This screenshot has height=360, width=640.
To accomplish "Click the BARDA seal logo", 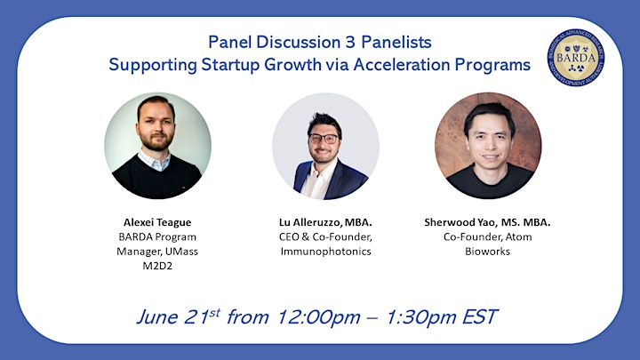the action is [x=575, y=58].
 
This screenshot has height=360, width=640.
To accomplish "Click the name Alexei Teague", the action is [x=157, y=222].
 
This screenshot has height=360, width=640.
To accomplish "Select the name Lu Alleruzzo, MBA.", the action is [x=325, y=222].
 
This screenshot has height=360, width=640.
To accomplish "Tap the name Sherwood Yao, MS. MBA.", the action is [x=487, y=222].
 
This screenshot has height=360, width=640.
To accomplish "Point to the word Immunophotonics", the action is [x=325, y=252].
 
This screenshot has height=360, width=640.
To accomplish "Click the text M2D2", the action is [x=157, y=266].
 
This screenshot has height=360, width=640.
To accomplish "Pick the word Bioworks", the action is [x=487, y=252].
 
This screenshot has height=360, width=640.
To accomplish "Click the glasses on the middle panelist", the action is [x=324, y=139].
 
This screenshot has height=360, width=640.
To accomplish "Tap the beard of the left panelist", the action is [x=156, y=140].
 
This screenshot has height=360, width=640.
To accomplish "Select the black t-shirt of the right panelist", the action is [x=489, y=181].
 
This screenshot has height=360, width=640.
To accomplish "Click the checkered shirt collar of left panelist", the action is [x=154, y=160].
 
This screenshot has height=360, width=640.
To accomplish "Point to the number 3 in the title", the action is [x=350, y=43].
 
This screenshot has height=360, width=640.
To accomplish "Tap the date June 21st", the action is [x=179, y=317].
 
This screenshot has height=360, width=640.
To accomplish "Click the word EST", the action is [x=480, y=317].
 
